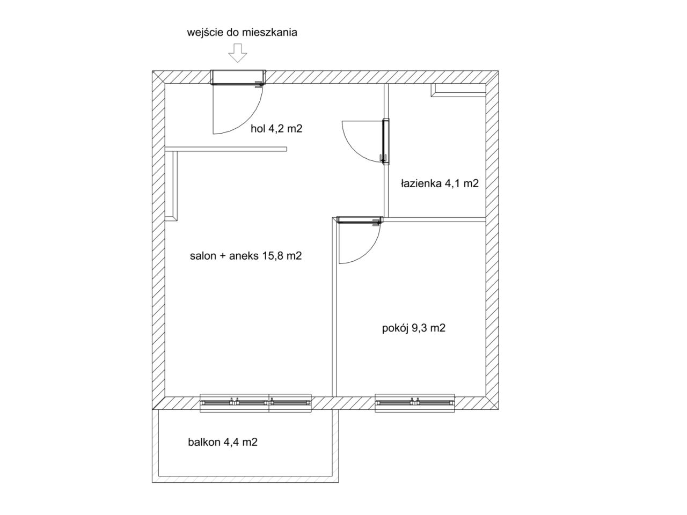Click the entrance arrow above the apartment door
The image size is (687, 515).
pos(237,53)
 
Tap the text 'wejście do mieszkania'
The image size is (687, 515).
pos(242,33)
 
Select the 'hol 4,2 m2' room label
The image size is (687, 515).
pos(276,129)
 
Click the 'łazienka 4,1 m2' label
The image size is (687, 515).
pos(440,183)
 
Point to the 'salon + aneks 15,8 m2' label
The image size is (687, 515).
pos(246,256)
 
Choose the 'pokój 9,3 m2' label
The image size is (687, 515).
pos(413,328)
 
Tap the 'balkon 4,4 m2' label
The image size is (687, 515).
pos(223,442)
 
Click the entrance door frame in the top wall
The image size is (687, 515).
pos(238,77)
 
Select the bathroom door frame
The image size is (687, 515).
pos(386,141)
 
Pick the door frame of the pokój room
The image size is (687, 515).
pos(359,220)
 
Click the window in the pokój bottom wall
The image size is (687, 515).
pos(415,403)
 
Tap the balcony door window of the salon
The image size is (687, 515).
pos(255,403)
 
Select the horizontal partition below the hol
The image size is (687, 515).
pos(225,149)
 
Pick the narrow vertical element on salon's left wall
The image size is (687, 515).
pos(175,186)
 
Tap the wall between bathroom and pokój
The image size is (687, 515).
pos(435,219)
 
